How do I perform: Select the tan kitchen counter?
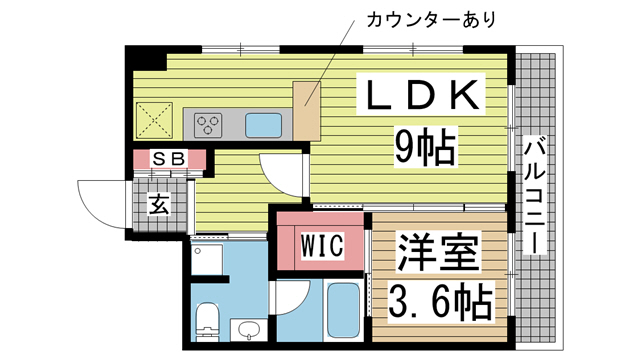(x=306, y=109)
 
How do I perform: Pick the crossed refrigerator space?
(x=157, y=121)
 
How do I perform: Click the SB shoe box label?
(x=167, y=158)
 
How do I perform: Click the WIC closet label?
(x=322, y=243)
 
